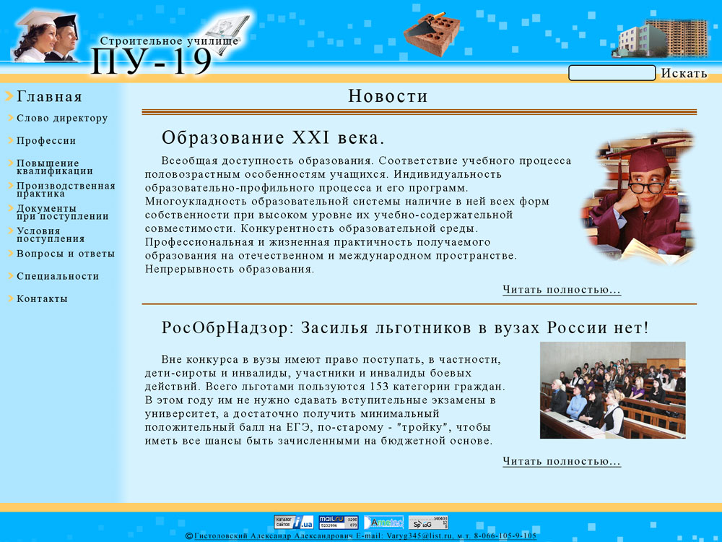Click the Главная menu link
(x=49, y=97)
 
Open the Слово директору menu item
(x=62, y=119)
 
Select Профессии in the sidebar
(x=46, y=141)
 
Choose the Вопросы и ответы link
(x=66, y=254)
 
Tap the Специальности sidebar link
(x=58, y=276)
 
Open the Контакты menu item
(x=42, y=298)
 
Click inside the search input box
(x=612, y=73)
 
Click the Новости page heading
(x=388, y=96)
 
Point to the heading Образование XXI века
(x=273, y=138)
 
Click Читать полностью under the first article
(x=562, y=290)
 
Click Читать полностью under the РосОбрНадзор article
(x=562, y=461)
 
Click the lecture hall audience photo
(x=612, y=390)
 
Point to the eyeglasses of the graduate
(x=646, y=186)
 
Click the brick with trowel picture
(x=432, y=33)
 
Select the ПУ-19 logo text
(x=152, y=61)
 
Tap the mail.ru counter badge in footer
(x=339, y=522)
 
